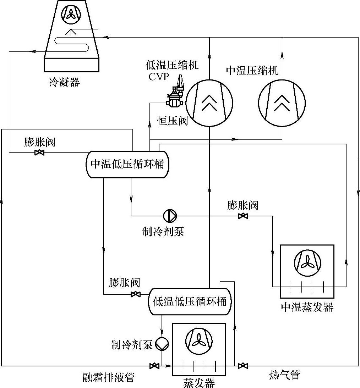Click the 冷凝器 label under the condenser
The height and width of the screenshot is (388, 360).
[x=64, y=82]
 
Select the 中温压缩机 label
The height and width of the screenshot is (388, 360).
[x=252, y=71]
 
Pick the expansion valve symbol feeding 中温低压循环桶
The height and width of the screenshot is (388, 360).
[x=39, y=153]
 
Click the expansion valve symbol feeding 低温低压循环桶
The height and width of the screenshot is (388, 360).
[x=135, y=294]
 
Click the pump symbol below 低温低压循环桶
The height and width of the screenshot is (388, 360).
[x=162, y=344]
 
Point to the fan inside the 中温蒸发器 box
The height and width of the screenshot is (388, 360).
[x=307, y=263]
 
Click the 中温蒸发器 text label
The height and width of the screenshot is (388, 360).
[x=307, y=307]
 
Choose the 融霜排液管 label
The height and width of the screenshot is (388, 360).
[x=109, y=377]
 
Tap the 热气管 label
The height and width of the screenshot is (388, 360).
[x=284, y=375]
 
